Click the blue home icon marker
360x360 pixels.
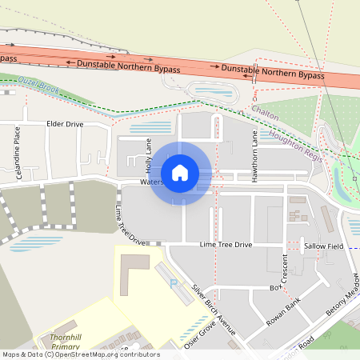[180, 173]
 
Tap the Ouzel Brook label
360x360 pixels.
[39, 82]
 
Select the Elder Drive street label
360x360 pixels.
[65, 124]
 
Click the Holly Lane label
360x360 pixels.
[148, 155]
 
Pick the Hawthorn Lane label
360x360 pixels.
[255, 157]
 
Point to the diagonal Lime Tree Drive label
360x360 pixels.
[130, 226]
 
